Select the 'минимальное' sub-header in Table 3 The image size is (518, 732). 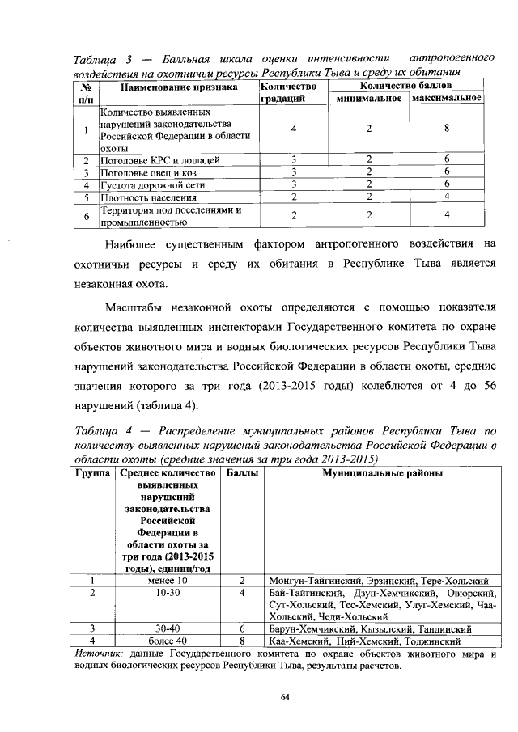point(368,98)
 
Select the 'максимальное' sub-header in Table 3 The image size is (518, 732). point(447,98)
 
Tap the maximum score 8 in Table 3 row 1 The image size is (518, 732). point(447,129)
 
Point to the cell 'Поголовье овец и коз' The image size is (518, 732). point(150,172)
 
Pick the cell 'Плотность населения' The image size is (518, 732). point(146,197)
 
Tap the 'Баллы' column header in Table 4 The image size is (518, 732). point(242,472)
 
